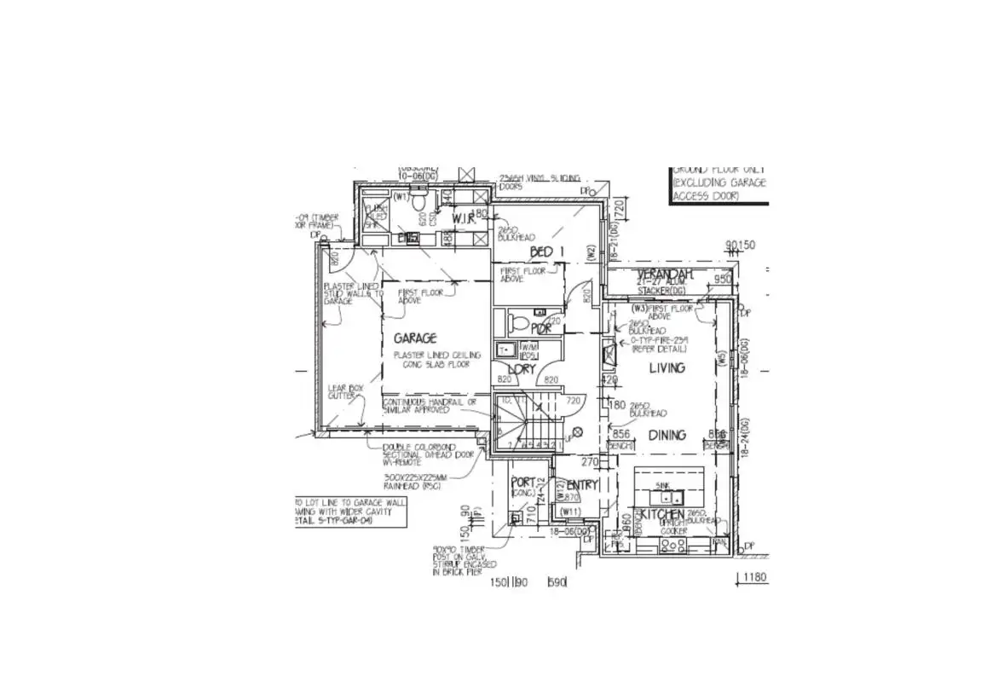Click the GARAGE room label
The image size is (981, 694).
point(414,338)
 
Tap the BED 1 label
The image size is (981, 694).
point(547,251)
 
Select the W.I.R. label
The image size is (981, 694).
point(466,219)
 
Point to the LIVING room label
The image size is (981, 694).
point(667,367)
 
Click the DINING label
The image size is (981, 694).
point(667,435)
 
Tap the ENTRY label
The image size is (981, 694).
point(583,485)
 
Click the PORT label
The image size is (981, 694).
point(522,482)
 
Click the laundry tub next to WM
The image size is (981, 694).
point(504,349)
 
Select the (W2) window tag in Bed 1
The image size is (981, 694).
point(589,252)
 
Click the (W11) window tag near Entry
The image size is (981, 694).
point(570,512)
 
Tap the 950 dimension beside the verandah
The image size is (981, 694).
point(722,279)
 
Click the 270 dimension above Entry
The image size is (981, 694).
point(589,462)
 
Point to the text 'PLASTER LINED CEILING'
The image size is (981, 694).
point(436,355)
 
